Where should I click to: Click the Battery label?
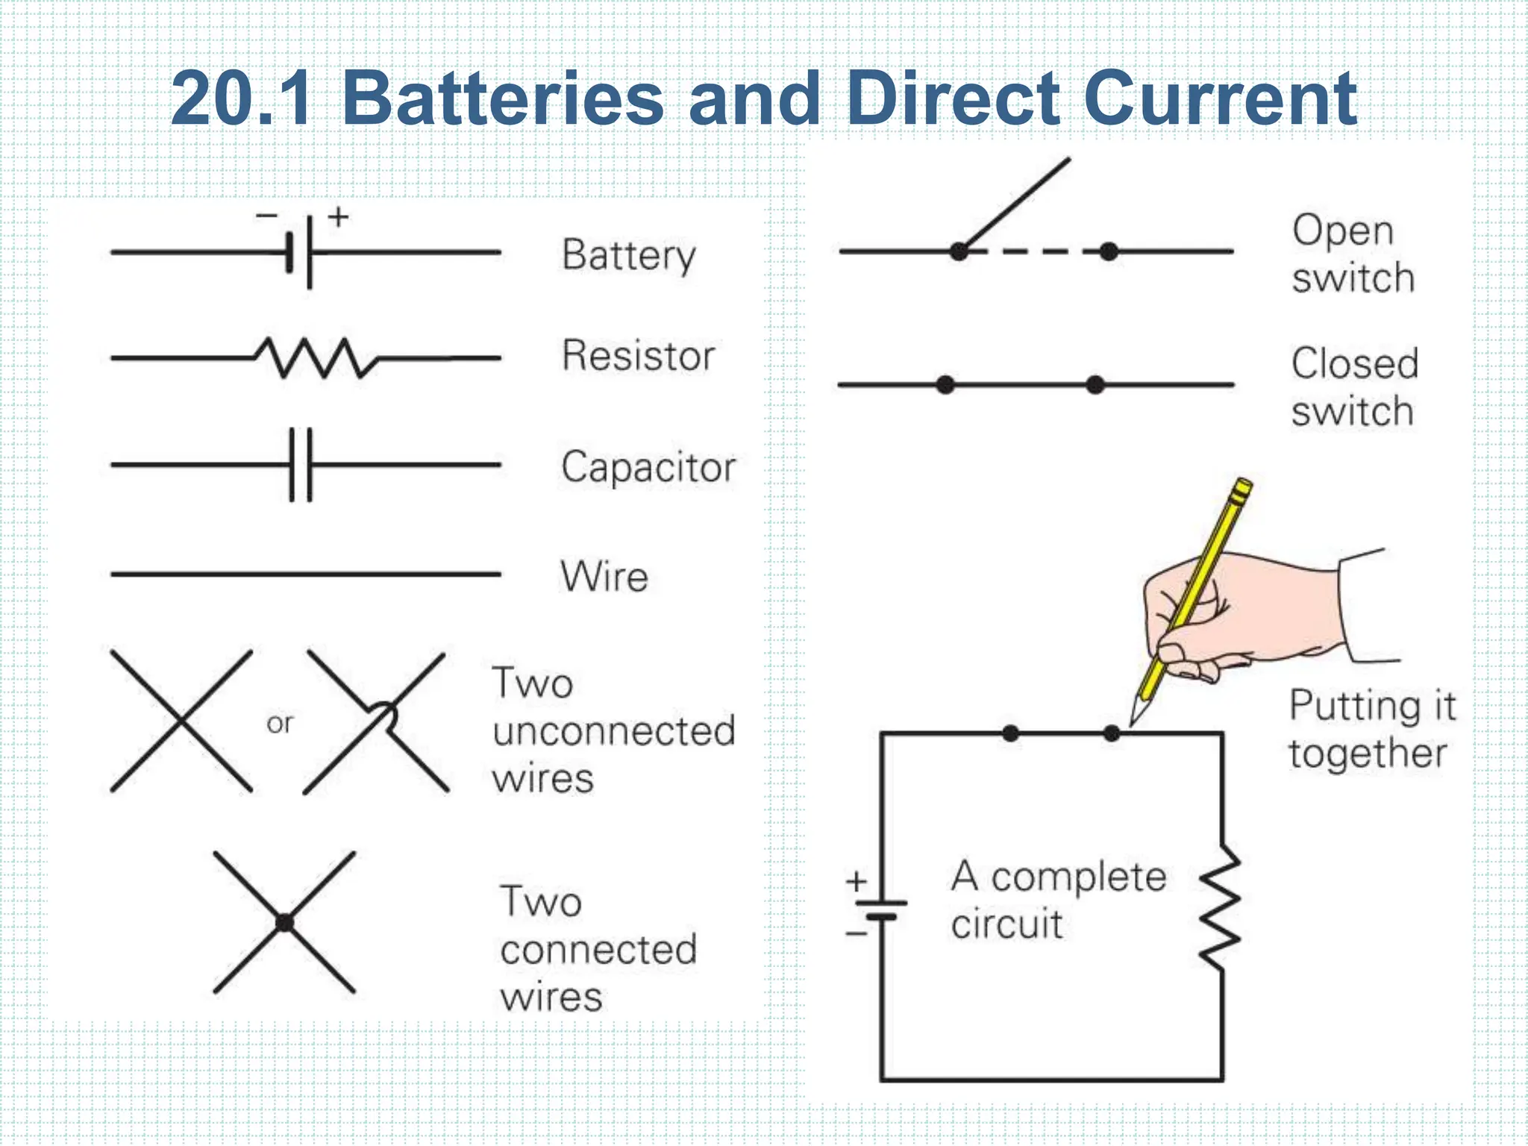point(628,255)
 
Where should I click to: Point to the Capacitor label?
point(648,468)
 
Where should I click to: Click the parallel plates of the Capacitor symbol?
point(301,465)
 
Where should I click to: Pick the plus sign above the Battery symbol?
point(339,217)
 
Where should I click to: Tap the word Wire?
point(604,577)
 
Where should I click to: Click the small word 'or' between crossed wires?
point(280,723)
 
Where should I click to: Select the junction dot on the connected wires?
point(284,923)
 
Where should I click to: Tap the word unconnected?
point(614,730)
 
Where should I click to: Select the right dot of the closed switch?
point(1095,385)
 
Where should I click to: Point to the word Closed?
point(1354,364)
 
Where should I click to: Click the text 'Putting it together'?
point(1371,729)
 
